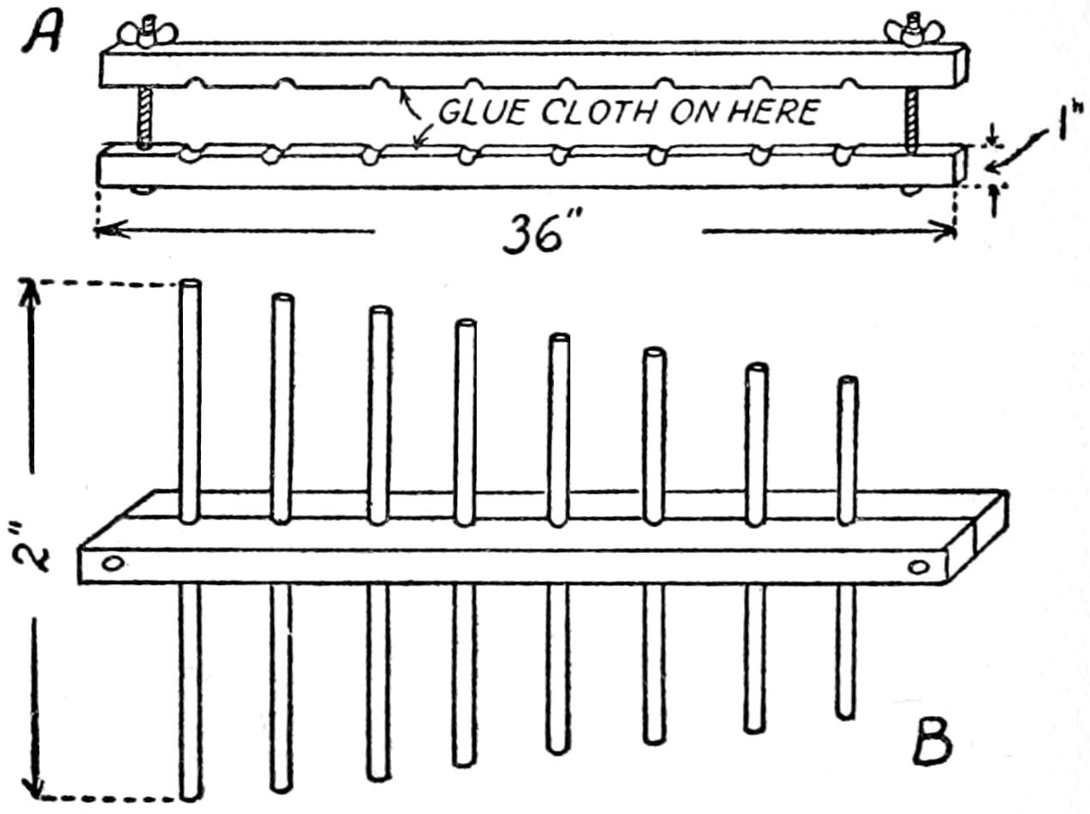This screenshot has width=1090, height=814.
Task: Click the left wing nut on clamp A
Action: (147, 33)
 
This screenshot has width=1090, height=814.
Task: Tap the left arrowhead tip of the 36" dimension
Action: (96, 231)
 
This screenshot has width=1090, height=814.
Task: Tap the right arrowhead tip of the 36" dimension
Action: (955, 231)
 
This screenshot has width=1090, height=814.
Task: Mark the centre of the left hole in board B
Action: (113, 564)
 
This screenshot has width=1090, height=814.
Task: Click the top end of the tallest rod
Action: (190, 284)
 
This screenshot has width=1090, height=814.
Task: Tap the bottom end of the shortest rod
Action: (845, 715)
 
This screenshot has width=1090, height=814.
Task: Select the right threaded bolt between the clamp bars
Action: (910, 119)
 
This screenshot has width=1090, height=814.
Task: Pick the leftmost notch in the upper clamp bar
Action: (197, 82)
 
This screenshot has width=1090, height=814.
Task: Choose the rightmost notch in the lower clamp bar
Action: (840, 155)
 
